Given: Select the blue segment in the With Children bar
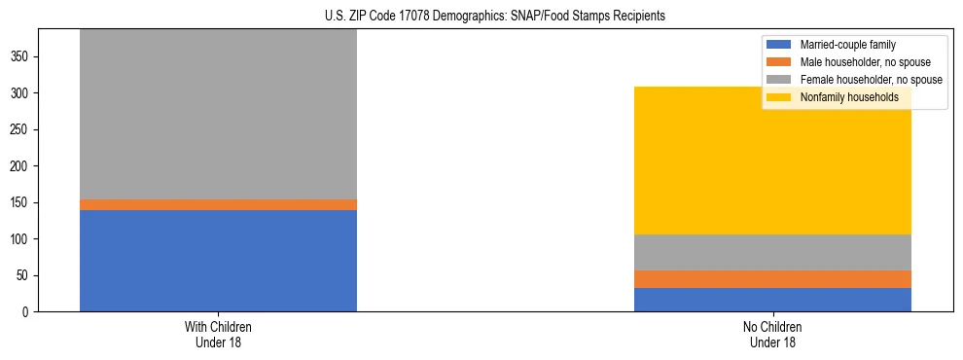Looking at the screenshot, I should pyautogui.click(x=218, y=261).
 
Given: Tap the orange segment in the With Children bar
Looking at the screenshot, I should pyautogui.click(x=218, y=204).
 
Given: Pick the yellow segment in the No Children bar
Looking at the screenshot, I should pyautogui.click(x=772, y=161).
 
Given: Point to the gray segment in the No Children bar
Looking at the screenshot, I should pyautogui.click(x=772, y=252).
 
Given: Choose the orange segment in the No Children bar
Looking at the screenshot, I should pyautogui.click(x=772, y=279).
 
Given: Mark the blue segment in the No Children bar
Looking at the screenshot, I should pyautogui.click(x=772, y=300).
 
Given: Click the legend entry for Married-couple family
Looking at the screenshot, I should pyautogui.click(x=847, y=45).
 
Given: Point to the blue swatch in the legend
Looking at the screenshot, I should pyautogui.click(x=780, y=45).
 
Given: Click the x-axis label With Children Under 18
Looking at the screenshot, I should pyautogui.click(x=218, y=334).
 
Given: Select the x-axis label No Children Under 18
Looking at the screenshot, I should pyautogui.click(x=772, y=334).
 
